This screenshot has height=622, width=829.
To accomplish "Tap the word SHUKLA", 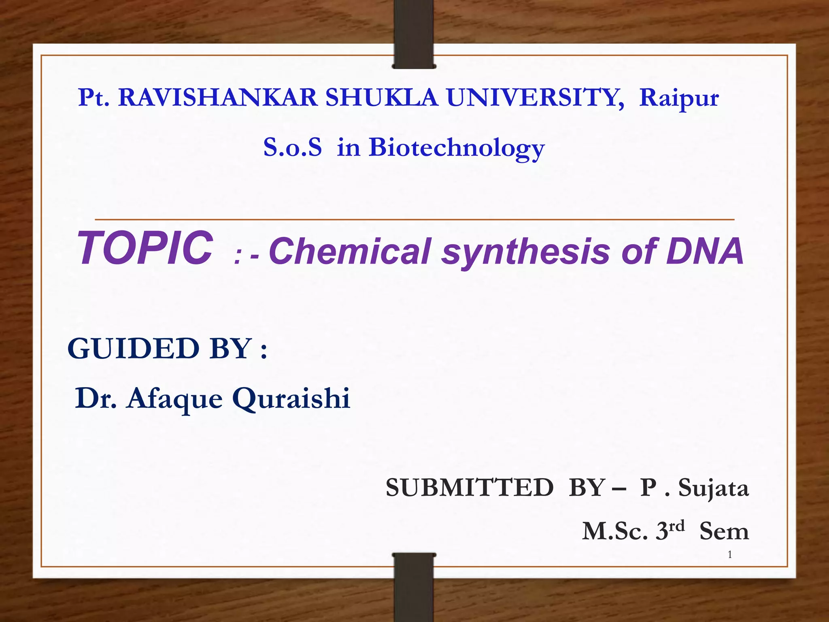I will (382, 98).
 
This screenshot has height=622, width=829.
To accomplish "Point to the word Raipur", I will (679, 98).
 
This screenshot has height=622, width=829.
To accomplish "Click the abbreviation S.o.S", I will (292, 147).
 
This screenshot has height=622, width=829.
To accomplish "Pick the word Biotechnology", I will (457, 148).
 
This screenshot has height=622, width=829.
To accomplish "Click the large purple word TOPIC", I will (145, 248).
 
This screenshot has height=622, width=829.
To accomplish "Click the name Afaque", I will (174, 398).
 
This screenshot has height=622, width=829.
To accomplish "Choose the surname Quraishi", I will (291, 398).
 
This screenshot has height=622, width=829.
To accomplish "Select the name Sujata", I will (713, 488).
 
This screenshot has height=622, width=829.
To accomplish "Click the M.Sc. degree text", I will (615, 531).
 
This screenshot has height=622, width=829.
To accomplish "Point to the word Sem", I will (724, 531).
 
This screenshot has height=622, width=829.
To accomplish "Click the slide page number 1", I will (730, 555).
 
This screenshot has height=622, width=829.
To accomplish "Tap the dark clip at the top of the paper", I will (414, 34).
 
